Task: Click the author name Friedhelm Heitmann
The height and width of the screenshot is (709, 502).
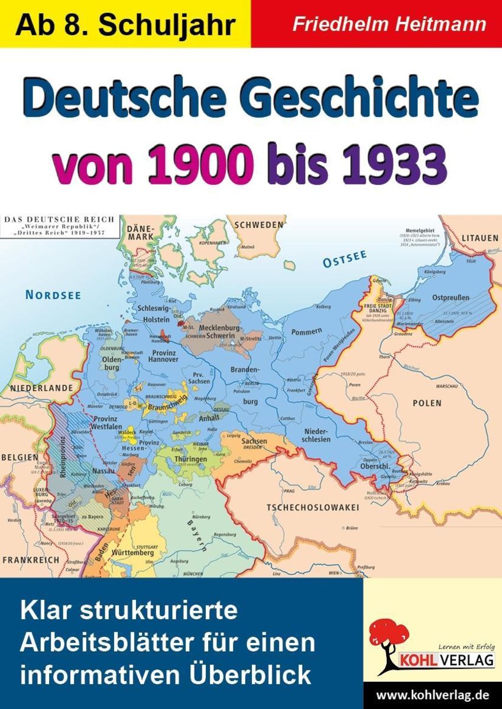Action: (x=390, y=24)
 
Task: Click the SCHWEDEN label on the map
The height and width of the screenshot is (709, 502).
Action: (x=259, y=225)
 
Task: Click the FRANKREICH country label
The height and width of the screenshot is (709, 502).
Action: (x=31, y=559)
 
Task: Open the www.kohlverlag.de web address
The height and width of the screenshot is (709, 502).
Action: (x=432, y=693)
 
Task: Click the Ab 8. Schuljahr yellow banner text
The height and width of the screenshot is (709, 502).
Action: (x=125, y=24)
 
